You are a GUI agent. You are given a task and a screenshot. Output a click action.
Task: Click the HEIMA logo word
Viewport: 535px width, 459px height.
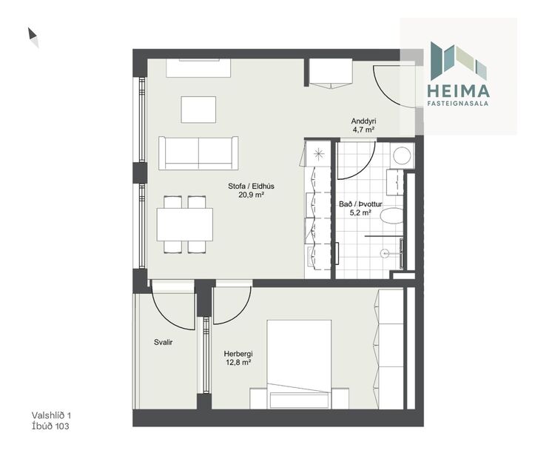tap(458, 90)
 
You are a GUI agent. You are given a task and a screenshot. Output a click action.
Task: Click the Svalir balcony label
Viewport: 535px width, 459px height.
tap(164, 343)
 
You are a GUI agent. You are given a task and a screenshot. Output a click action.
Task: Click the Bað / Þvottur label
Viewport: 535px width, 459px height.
tap(363, 203)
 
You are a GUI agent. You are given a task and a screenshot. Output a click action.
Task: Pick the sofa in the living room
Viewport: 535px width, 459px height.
tap(198, 153)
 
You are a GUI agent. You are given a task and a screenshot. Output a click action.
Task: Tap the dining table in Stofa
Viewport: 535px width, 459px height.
tap(185, 224)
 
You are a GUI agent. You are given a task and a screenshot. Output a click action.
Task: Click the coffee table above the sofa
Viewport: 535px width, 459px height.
tap(199, 110)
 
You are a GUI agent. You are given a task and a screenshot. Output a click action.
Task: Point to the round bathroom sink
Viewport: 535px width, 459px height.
tap(402, 155)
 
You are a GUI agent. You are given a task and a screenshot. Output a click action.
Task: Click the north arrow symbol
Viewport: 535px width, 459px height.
tap(33, 37)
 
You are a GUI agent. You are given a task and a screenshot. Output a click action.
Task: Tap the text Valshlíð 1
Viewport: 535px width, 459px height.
tap(51, 416)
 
